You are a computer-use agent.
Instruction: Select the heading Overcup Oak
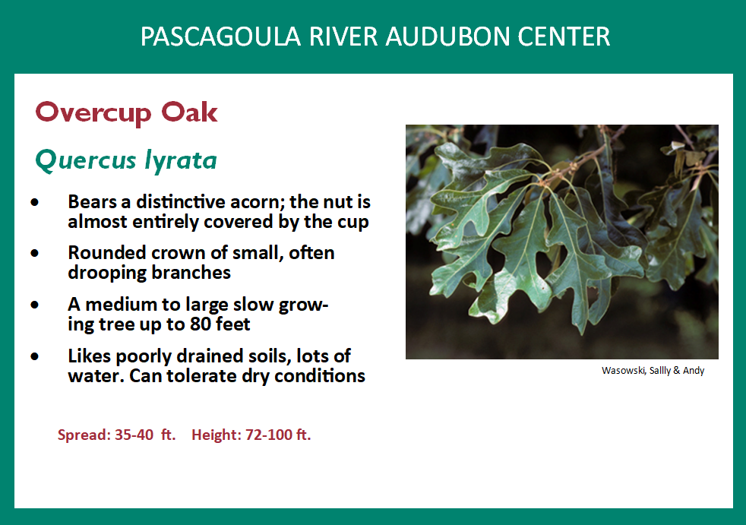[126, 112]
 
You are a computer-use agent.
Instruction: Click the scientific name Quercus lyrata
[126, 160]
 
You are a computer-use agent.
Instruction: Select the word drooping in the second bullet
[101, 272]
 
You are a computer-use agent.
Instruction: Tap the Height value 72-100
[278, 435]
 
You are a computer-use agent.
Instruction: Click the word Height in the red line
[216, 435]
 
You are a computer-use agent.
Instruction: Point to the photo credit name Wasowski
[624, 371]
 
